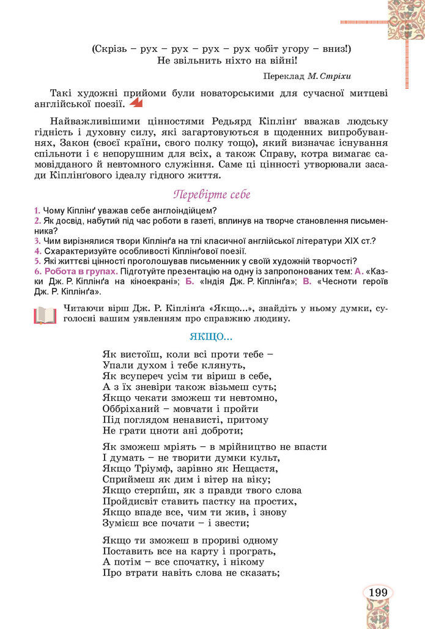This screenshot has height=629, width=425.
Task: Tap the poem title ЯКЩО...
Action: click(211, 337)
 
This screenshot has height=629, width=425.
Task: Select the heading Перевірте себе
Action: click(212, 195)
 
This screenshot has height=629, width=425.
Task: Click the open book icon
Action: click(45, 314)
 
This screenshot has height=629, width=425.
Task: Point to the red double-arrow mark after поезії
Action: click(137, 104)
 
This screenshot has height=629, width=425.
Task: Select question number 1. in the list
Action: click(37, 211)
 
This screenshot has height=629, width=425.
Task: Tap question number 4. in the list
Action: click(37, 251)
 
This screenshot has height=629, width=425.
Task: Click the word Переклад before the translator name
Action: click(285, 76)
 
